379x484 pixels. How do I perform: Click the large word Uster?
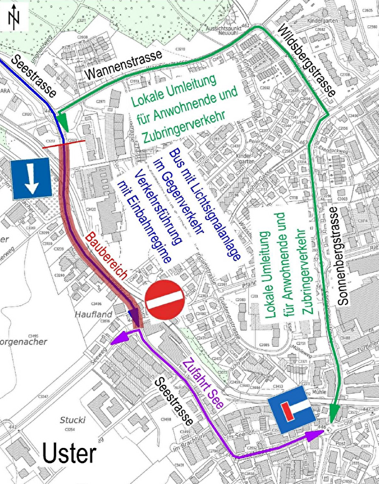tap(69, 454)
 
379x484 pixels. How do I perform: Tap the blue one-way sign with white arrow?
tap(28, 180)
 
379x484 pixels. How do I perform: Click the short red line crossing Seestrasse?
tap(61, 145)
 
